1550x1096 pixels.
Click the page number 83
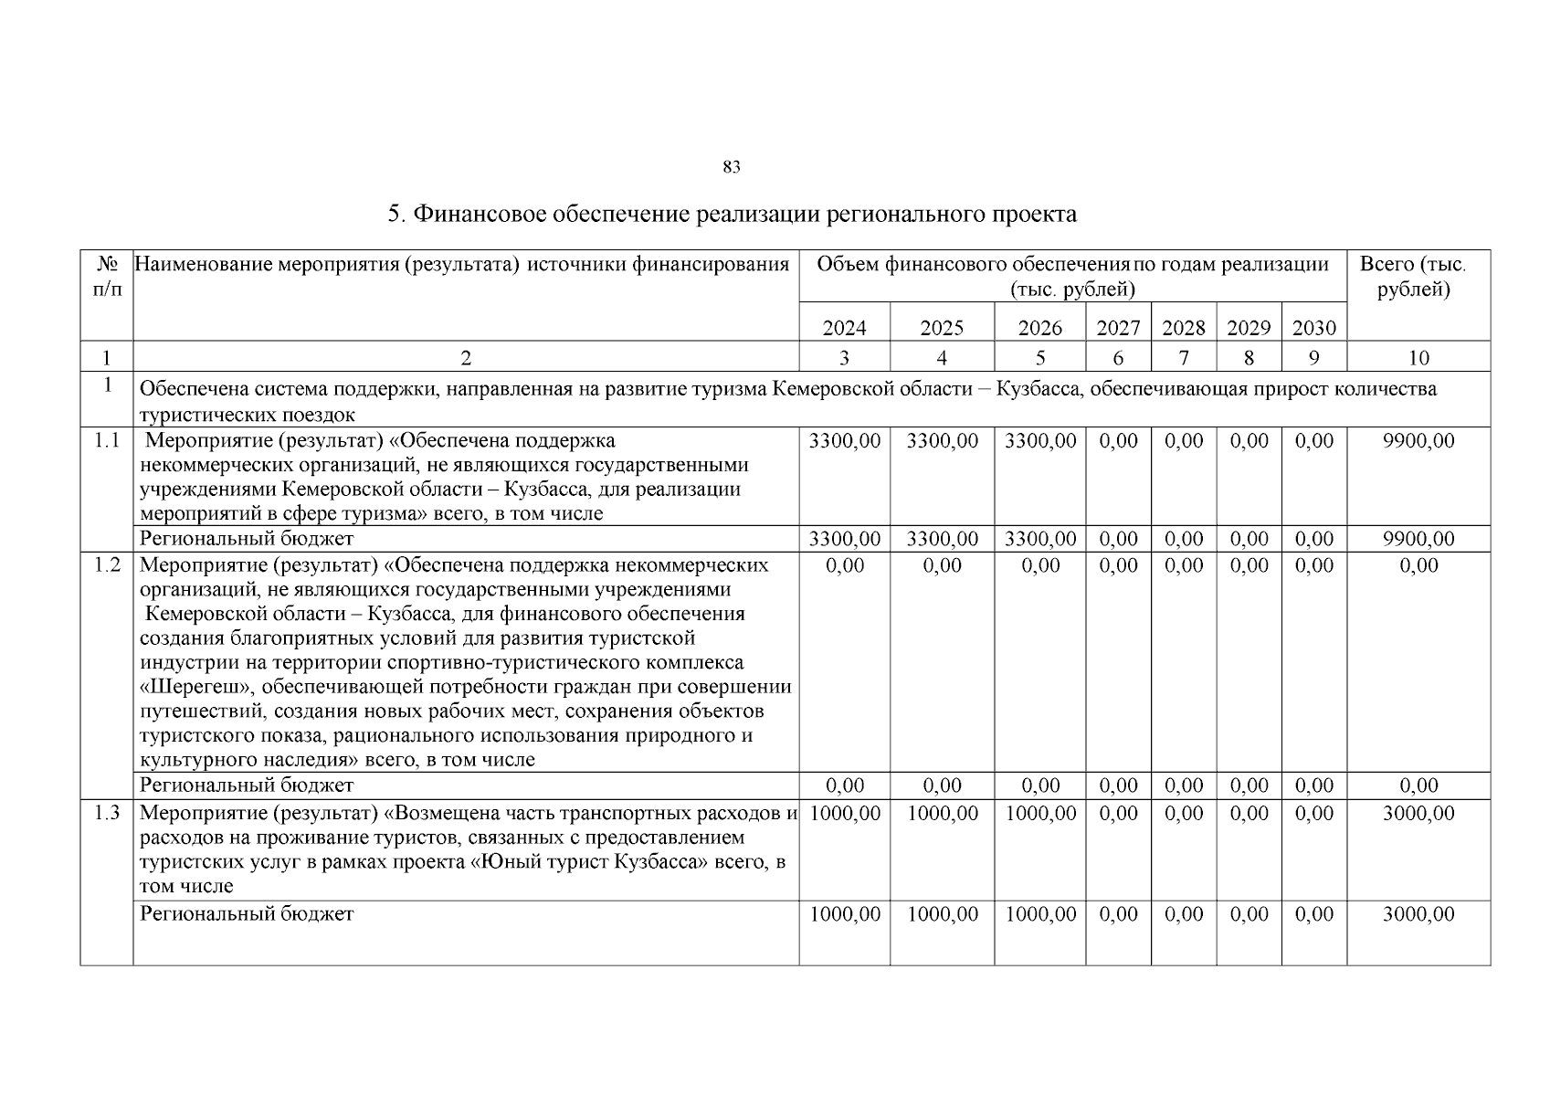point(731,167)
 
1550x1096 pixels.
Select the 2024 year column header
point(844,328)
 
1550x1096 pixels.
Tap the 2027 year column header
point(1118,328)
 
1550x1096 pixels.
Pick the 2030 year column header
point(1313,328)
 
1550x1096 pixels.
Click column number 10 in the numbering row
point(1418,358)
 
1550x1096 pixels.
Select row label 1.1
point(107,441)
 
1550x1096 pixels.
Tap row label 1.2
point(107,565)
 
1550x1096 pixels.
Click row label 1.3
point(107,813)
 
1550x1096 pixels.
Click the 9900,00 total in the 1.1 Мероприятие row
point(1418,441)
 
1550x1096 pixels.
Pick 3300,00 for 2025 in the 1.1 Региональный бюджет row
point(942,539)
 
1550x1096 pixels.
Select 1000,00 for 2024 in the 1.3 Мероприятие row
point(845,813)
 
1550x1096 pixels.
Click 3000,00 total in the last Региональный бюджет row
point(1418,914)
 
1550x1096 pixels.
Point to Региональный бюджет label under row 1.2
point(247,785)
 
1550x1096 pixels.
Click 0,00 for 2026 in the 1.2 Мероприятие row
point(1039,565)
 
